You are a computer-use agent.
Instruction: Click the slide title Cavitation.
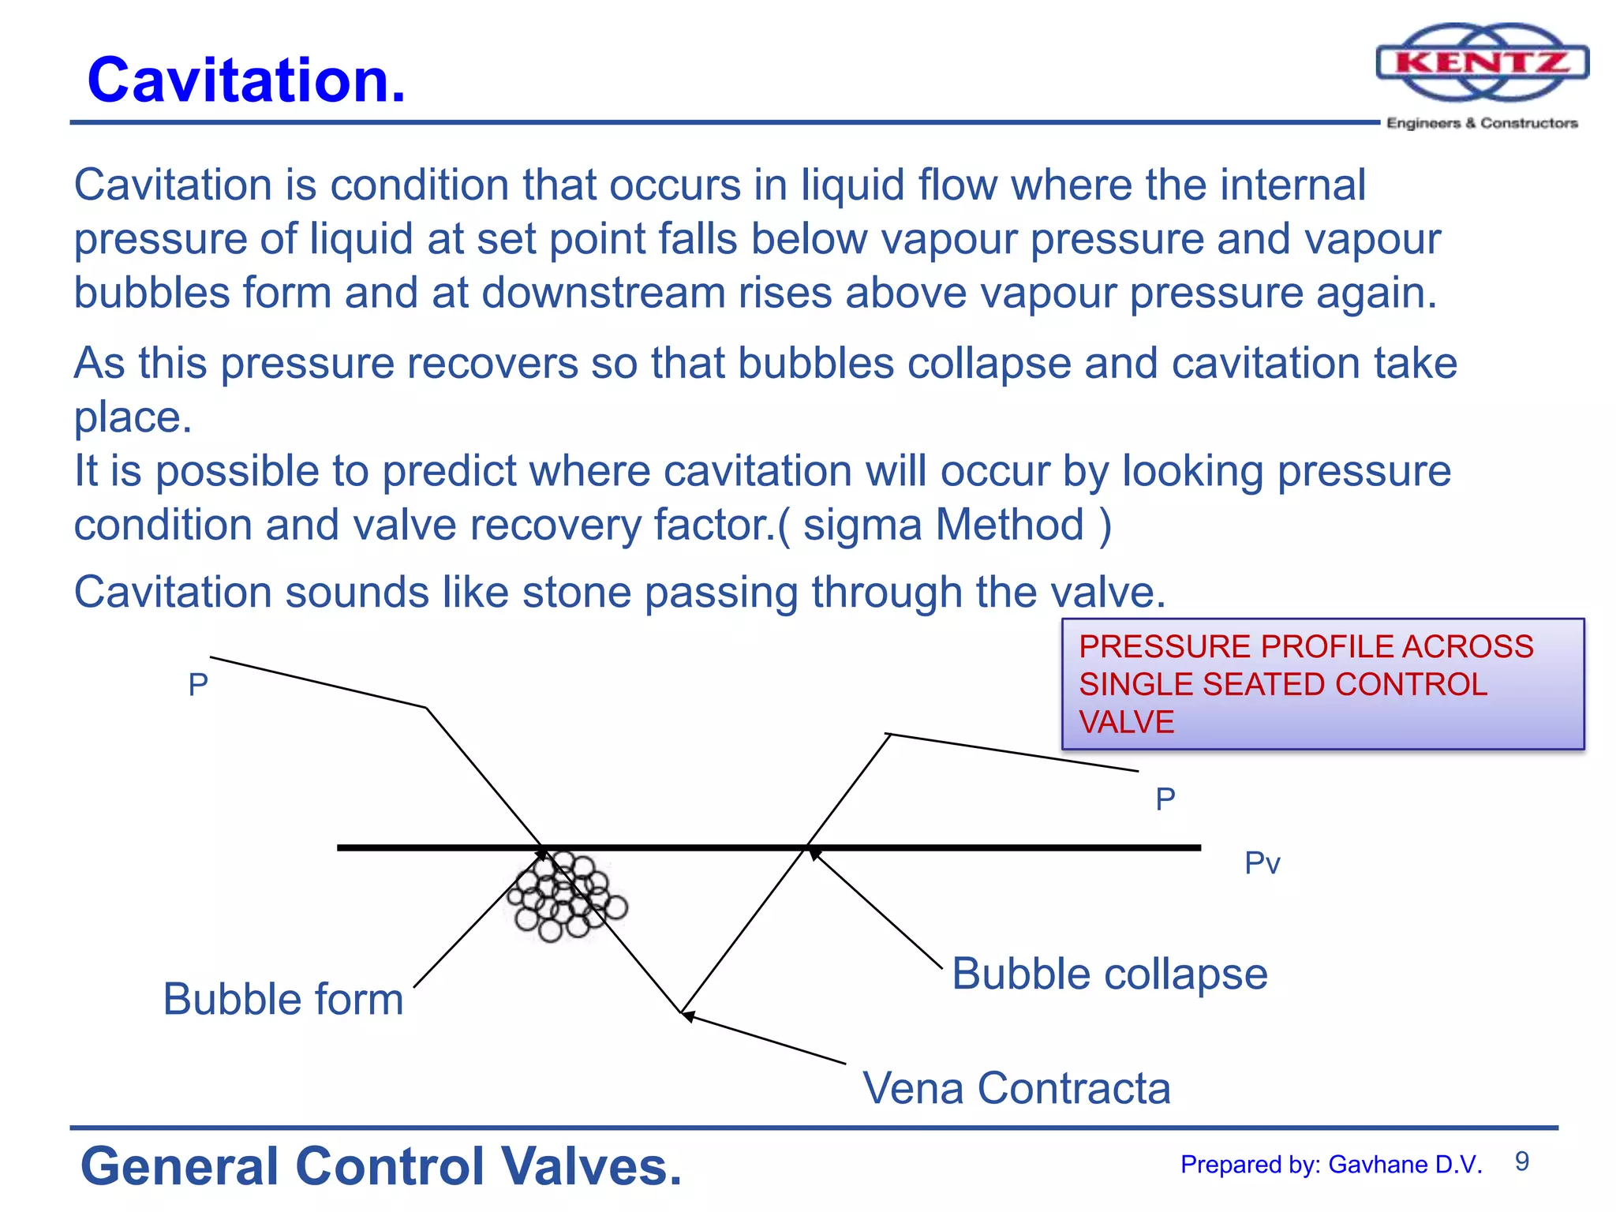point(246,80)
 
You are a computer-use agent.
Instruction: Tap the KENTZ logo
point(1482,63)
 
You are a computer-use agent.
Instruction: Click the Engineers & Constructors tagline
point(1482,123)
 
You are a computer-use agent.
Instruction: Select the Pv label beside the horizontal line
point(1262,863)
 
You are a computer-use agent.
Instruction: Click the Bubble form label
point(283,999)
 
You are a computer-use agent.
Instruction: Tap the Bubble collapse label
point(1109,974)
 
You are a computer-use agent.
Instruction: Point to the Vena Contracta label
point(1016,1088)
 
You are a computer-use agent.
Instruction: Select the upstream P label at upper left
point(198,685)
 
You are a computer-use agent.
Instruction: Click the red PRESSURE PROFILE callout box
point(1322,684)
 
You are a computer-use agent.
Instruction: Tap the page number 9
point(1522,1161)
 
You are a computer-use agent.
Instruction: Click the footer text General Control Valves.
point(381,1166)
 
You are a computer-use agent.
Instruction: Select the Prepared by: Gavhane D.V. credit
point(1331,1165)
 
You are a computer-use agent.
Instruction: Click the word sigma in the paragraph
point(862,526)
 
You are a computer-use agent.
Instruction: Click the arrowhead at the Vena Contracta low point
point(686,1016)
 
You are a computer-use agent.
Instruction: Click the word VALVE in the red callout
point(1126,722)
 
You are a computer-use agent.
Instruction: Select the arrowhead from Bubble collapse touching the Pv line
point(814,853)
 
